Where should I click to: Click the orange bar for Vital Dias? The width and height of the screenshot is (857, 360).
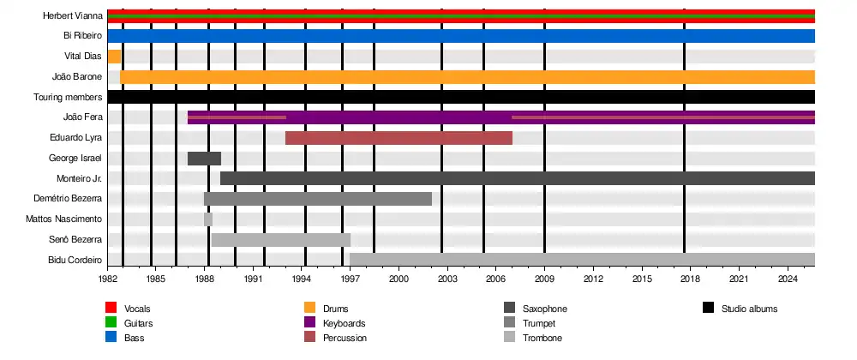click(114, 57)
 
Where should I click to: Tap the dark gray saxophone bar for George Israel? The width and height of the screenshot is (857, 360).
click(204, 159)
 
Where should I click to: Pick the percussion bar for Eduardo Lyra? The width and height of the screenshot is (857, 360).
click(399, 138)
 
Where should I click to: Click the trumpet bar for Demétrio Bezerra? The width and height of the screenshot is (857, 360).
click(317, 199)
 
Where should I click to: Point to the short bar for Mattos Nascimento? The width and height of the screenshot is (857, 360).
click(208, 219)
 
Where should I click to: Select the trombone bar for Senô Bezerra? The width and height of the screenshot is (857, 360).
click(280, 240)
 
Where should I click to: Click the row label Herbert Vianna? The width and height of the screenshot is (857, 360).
click(73, 15)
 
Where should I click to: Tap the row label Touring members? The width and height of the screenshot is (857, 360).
click(68, 98)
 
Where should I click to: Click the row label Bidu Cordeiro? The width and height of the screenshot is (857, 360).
click(75, 260)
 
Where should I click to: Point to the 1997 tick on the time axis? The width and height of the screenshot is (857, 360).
click(350, 279)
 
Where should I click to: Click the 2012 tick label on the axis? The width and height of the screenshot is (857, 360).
click(593, 279)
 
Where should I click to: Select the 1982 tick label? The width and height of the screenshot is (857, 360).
click(107, 279)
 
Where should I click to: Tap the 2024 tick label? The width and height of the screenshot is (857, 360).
click(788, 279)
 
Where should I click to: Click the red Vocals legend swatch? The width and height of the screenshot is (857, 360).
click(111, 309)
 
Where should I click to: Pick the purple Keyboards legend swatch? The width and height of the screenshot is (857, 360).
click(310, 323)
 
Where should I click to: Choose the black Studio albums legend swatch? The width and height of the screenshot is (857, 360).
click(708, 309)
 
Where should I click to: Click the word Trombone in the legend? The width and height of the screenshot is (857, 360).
click(542, 339)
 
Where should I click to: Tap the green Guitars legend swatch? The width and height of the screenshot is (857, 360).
click(111, 323)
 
